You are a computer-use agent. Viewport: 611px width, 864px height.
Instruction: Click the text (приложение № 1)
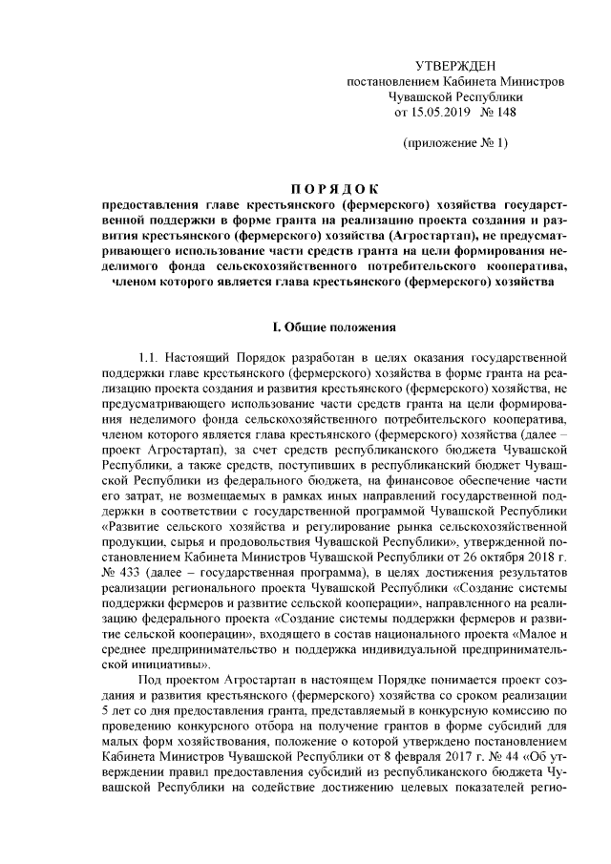(x=455, y=143)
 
